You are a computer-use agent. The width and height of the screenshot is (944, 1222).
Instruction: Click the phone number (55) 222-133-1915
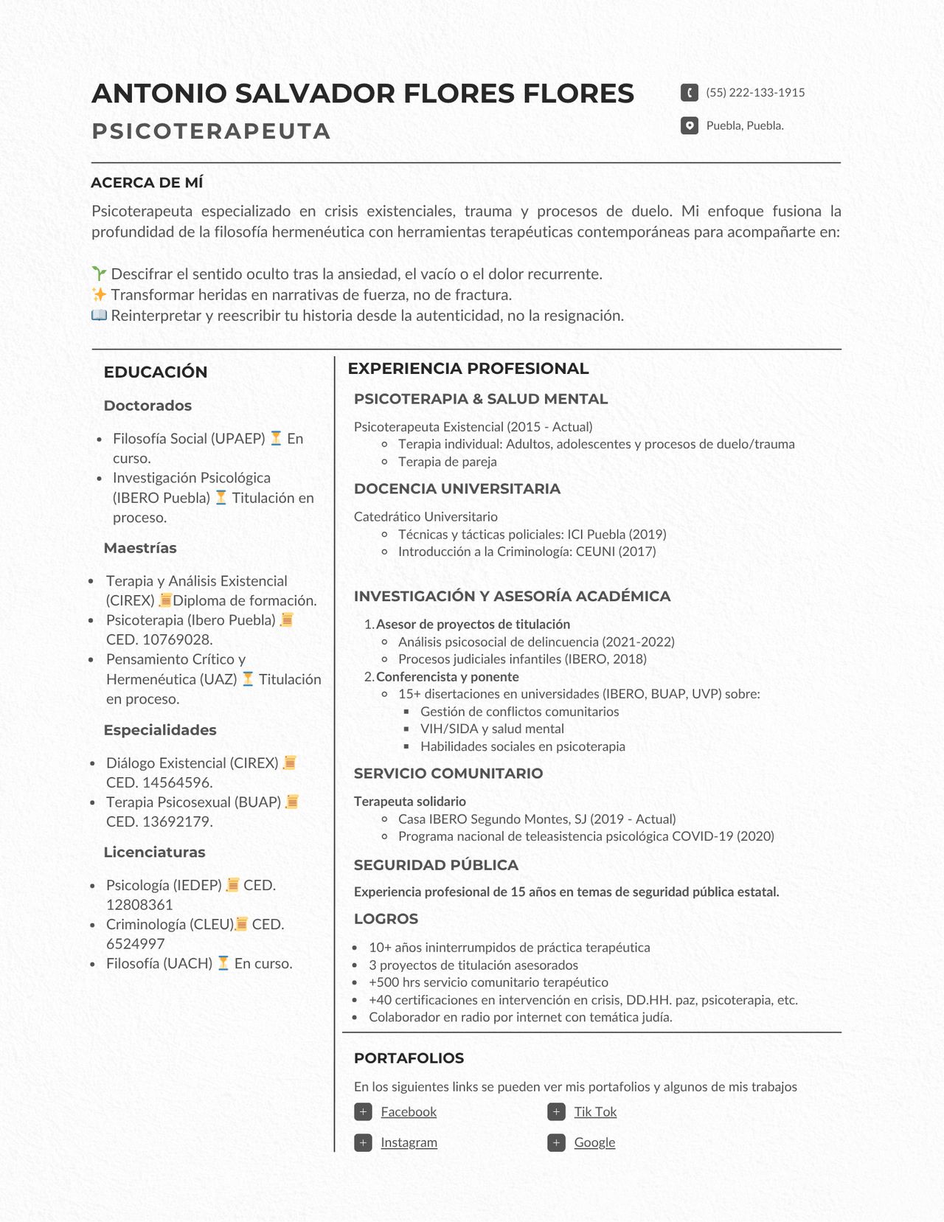755,92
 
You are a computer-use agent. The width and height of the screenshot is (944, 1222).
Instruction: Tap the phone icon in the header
689,92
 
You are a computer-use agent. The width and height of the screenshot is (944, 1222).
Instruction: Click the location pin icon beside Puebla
689,125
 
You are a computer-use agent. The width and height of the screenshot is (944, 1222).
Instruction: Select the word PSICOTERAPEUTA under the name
211,131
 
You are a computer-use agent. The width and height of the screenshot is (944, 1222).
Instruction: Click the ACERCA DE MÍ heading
147,183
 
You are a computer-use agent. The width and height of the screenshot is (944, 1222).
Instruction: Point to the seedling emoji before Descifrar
99,274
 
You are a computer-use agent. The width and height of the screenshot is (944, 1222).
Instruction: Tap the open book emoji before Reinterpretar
99,316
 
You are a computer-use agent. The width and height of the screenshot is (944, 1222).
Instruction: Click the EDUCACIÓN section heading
156,372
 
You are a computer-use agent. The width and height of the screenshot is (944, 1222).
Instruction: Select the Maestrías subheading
140,548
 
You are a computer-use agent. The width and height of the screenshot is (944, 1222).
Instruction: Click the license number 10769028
177,639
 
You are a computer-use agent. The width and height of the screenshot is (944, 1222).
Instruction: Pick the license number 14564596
177,782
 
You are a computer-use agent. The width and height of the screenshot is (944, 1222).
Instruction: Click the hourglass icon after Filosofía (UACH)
223,963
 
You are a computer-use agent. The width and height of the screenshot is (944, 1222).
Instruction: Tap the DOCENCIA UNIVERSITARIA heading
457,489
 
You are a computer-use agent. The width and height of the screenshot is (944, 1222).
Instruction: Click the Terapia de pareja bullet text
448,462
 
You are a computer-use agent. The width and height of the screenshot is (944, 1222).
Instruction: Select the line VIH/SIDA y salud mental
492,729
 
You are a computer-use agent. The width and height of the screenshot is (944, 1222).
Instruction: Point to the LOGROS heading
386,919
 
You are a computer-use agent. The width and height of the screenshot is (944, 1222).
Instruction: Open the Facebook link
409,1111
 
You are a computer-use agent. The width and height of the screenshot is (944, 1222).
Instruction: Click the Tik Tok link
595,1111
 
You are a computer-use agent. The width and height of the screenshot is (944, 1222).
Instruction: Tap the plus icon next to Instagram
363,1142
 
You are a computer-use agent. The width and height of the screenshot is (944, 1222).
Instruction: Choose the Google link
594,1142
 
